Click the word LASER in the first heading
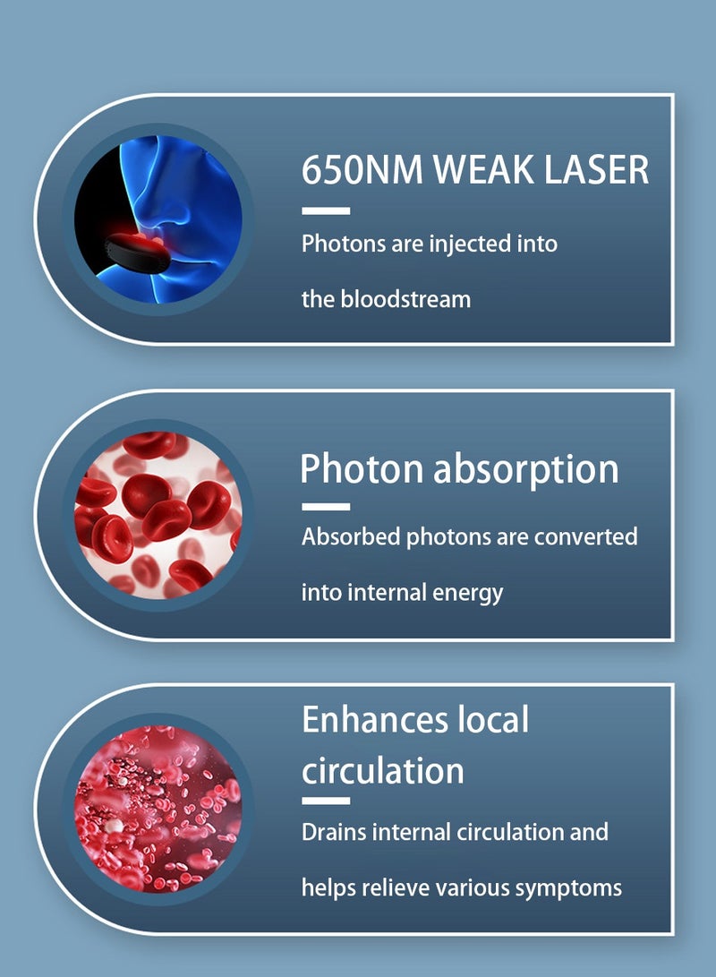[x=596, y=169]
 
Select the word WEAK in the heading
[x=483, y=169]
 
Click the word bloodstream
[x=405, y=299]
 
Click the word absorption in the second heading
[x=526, y=470]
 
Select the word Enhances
[x=376, y=720]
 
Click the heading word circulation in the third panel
[x=383, y=771]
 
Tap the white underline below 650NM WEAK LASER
[x=326, y=211]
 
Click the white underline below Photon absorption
[x=326, y=507]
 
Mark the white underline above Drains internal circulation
[x=326, y=801]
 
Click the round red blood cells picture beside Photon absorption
[x=158, y=515]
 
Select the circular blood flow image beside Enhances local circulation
[x=158, y=808]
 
